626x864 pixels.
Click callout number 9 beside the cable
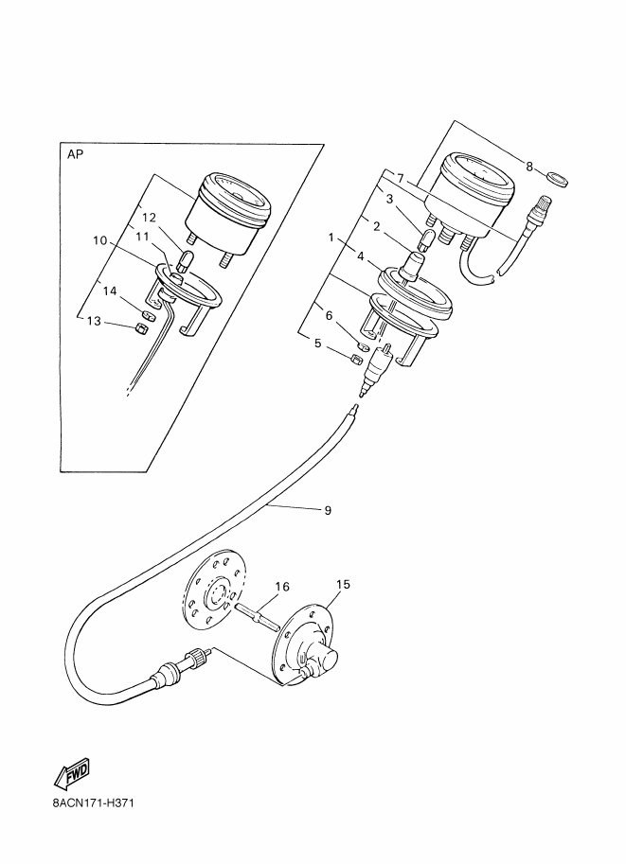[328, 511]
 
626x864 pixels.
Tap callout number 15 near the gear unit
[343, 584]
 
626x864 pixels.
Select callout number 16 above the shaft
[282, 587]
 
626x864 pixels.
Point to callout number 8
[529, 166]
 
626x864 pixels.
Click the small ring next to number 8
[557, 179]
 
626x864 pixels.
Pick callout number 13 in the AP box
[95, 321]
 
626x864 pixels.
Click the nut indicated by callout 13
[140, 329]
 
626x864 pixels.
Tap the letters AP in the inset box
[75, 155]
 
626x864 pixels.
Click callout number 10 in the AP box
[99, 240]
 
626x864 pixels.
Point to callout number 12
[150, 217]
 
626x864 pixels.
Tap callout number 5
[317, 344]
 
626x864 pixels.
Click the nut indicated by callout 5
[356, 360]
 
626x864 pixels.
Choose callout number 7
[401, 179]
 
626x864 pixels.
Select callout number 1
[331, 238]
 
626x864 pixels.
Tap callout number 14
[110, 291]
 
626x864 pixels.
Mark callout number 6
[329, 316]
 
